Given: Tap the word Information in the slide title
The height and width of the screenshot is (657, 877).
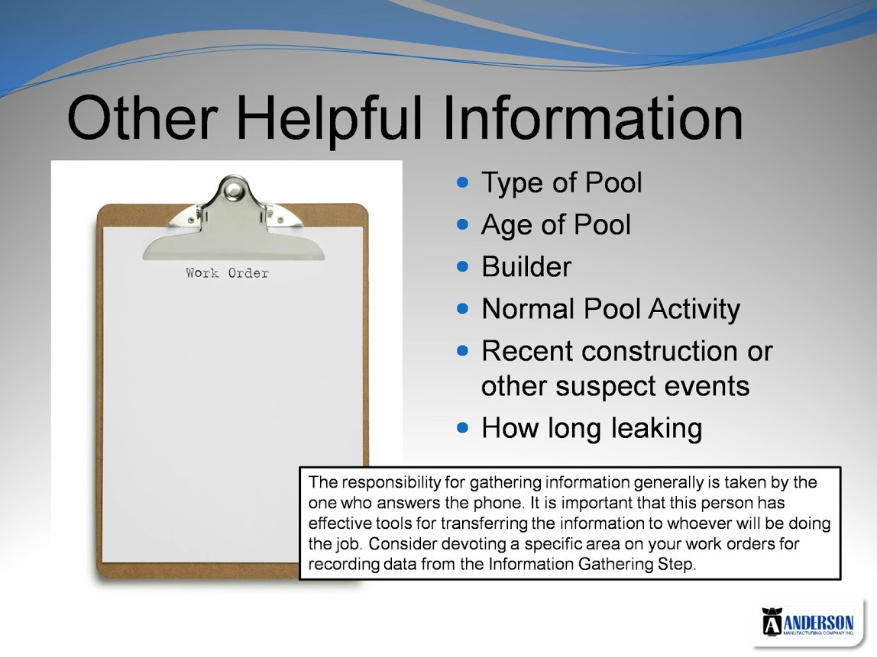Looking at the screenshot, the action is (x=593, y=118).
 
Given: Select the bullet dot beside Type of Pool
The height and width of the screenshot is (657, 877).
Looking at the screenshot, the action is (x=462, y=182).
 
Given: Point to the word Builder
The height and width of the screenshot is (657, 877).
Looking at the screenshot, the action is (x=527, y=266).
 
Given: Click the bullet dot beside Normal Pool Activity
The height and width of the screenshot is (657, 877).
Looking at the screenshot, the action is (x=462, y=308).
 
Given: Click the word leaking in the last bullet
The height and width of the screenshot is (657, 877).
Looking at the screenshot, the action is (x=657, y=429).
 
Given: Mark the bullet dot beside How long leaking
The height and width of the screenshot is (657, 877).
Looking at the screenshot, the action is (x=462, y=427).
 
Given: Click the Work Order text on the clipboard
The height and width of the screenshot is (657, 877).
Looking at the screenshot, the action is (x=227, y=272).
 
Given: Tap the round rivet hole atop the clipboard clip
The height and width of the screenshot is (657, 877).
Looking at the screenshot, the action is (x=233, y=191).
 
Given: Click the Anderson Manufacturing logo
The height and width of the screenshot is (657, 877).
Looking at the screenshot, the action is (x=807, y=621).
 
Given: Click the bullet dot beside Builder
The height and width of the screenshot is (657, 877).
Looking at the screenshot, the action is (x=462, y=266).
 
